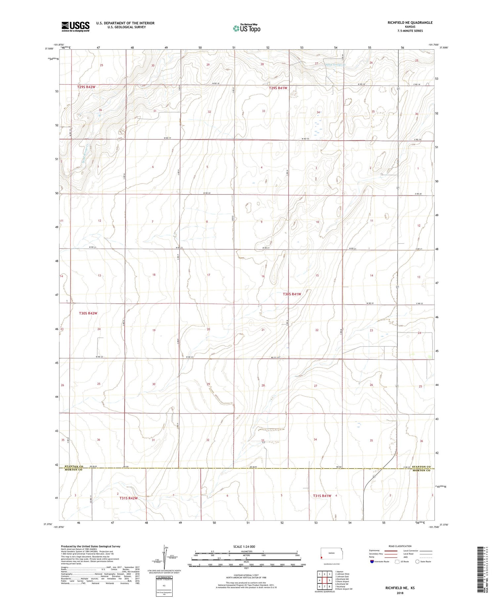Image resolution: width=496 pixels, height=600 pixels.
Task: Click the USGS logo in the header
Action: pyautogui.click(x=75, y=26)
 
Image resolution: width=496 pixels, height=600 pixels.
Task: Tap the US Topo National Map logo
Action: pyautogui.click(x=246, y=28)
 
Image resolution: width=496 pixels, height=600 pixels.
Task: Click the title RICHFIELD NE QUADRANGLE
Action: pyautogui.click(x=405, y=23)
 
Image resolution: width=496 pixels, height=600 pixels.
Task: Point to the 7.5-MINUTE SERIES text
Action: pyautogui.click(x=405, y=31)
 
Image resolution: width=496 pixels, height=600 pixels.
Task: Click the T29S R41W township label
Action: pyautogui.click(x=278, y=88)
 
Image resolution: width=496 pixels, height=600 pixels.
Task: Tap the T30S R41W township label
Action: pyautogui.click(x=292, y=294)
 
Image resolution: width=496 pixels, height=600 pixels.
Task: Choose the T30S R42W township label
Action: pyautogui.click(x=88, y=313)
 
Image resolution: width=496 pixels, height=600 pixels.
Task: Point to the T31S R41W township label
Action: pyautogui.click(x=322, y=496)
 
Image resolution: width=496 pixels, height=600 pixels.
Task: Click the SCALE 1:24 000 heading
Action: pyautogui.click(x=244, y=546)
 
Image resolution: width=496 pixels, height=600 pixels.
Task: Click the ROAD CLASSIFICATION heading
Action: pyautogui.click(x=400, y=546)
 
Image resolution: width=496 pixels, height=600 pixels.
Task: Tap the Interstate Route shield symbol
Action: pyautogui.click(x=372, y=562)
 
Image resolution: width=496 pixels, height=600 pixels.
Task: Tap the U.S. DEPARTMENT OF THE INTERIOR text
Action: pyautogui.click(x=125, y=23)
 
